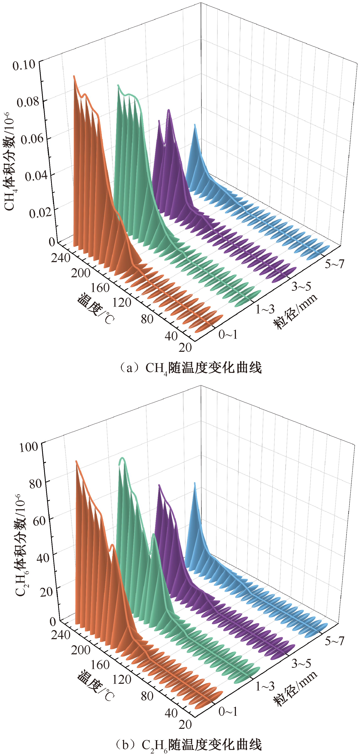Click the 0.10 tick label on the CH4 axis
click(x=24, y=65)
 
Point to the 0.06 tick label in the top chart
click(x=32, y=139)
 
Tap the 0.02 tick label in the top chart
click(x=40, y=213)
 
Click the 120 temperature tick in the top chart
click(x=122, y=302)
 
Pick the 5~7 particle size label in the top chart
click(x=334, y=264)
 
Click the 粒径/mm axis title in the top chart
click(x=295, y=311)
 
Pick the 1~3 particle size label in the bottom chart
click(x=265, y=686)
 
